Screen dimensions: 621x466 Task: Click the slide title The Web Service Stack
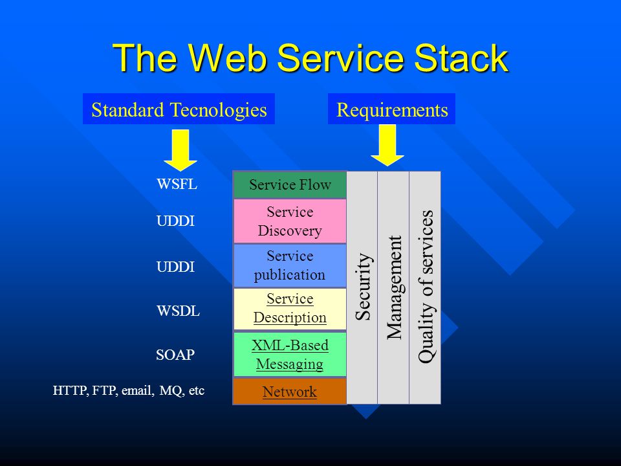coord(310,58)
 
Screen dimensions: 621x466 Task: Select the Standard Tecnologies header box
coord(179,109)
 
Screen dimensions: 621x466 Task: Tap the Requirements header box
coord(391,109)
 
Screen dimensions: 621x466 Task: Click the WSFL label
coord(177,184)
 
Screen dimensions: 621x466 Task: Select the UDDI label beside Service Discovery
coord(175,221)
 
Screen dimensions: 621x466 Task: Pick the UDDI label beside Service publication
coord(175,267)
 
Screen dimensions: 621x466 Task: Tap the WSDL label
coord(179,311)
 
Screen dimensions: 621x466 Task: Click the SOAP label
coord(175,355)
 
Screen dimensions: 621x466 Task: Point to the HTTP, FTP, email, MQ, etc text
coord(129,391)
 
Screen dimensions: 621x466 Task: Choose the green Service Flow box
coord(290,184)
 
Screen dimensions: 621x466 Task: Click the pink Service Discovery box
coord(290,221)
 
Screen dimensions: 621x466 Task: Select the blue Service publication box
coord(290,265)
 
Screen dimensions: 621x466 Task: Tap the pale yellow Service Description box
coord(290,309)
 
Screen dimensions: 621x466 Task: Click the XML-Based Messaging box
coord(290,354)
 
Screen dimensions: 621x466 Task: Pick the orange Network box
coord(290,392)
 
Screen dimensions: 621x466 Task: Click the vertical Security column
coord(362,287)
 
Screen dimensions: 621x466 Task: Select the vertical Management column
coord(394,287)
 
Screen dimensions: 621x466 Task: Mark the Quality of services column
coord(425,287)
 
